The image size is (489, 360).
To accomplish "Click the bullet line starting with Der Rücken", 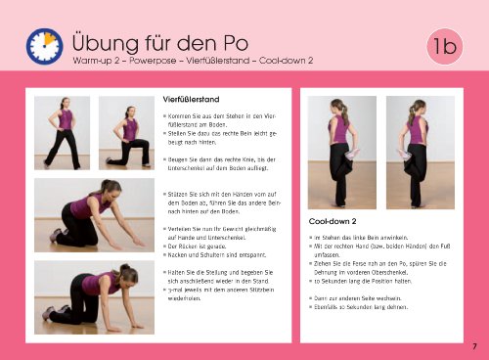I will coord(203,249).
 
